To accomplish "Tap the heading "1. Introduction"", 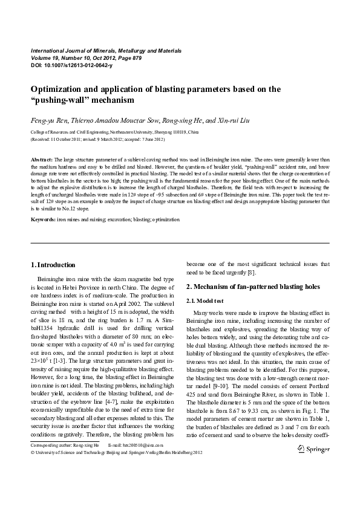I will click(53, 265).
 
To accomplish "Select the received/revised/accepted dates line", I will click(97, 139).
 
